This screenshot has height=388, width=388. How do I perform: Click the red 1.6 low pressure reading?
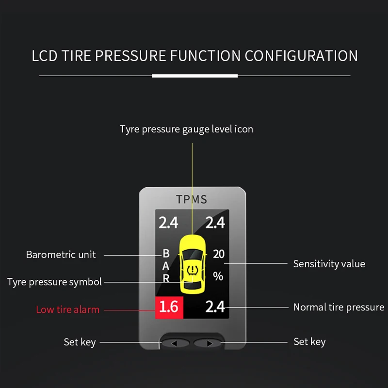point(168,307)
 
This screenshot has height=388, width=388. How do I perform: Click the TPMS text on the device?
point(191,199)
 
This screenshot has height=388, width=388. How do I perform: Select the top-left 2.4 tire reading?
point(168,223)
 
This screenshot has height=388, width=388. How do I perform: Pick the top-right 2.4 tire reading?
point(215,223)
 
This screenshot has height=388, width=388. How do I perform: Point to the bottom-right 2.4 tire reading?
point(215,307)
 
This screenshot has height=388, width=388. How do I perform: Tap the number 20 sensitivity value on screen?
point(218,254)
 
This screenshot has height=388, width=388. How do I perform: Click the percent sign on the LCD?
point(218,276)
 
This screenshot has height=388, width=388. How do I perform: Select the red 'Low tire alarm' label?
point(67,309)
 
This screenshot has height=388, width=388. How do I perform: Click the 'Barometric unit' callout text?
point(61,255)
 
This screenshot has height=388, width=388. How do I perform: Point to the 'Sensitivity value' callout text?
point(329,264)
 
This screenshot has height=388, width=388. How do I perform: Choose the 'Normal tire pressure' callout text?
point(339,307)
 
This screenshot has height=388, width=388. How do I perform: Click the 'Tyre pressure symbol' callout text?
point(54,282)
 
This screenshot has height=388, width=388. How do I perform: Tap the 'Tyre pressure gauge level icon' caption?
point(187,129)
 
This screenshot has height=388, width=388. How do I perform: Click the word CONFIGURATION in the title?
point(301,56)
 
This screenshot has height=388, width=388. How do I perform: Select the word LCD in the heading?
point(45,56)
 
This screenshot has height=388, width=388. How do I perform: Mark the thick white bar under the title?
point(194,76)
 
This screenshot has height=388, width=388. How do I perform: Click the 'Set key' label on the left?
point(80,342)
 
